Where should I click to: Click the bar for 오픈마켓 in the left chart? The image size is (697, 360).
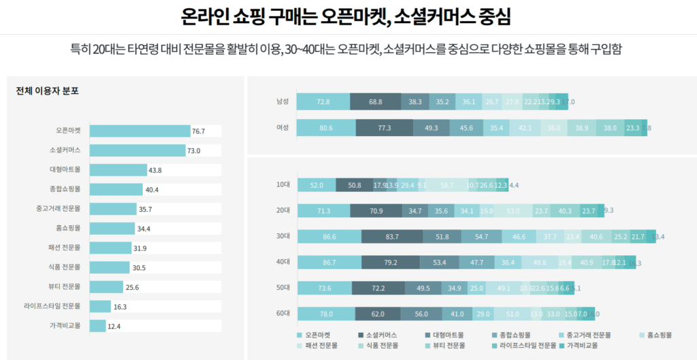coord(140,131)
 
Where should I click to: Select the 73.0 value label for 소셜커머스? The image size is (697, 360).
coord(194,150)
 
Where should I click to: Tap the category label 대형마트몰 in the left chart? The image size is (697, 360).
coord(65,169)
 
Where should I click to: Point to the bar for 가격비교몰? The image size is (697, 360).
coord(97,326)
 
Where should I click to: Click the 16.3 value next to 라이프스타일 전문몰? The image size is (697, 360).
coord(120,307)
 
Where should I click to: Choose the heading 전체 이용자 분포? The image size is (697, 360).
coord(47,91)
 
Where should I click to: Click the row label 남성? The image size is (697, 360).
coord(282,101)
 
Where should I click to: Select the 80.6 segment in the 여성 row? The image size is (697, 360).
coord(325,128)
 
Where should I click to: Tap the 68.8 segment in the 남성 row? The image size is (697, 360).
coord(375,101)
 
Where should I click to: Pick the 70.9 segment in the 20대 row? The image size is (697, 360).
coord(376,211)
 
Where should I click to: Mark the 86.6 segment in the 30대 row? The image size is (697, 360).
coord(329,236)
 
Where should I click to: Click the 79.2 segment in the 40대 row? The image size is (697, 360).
coord(390,262)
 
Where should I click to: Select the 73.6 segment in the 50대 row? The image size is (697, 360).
coord(325,288)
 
